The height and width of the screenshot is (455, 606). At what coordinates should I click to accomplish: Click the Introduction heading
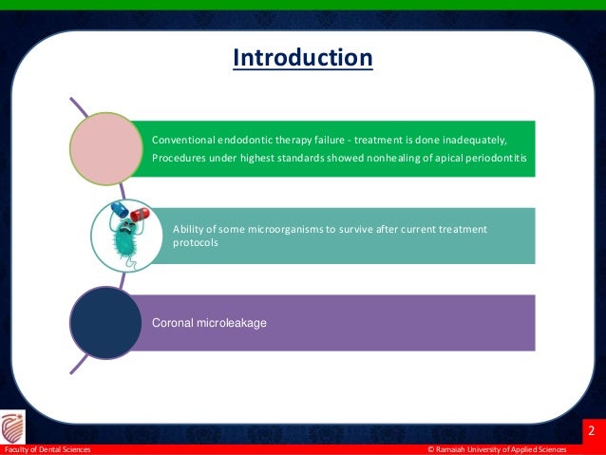tap(303, 59)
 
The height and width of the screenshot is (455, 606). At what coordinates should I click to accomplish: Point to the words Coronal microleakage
tap(209, 324)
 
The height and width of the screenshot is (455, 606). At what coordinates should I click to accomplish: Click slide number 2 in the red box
tap(590, 432)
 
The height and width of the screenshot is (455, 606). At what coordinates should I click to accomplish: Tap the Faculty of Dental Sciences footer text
tap(47, 449)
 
